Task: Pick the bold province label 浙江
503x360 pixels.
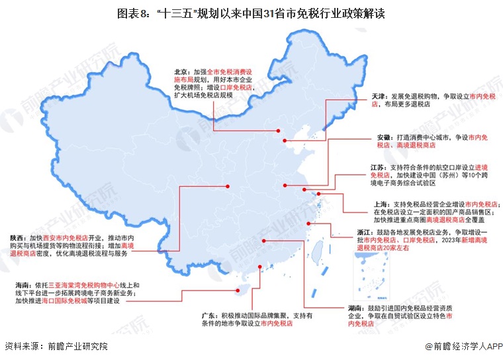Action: click(x=365, y=232)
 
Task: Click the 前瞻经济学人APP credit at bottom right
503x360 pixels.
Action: click(x=463, y=346)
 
